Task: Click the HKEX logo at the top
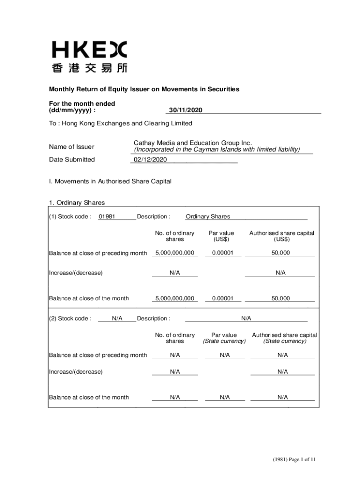click(x=89, y=50)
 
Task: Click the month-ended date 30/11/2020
click(x=184, y=110)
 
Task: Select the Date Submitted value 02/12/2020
click(x=150, y=160)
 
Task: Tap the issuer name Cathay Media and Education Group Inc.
click(x=193, y=143)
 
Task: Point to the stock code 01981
click(x=107, y=217)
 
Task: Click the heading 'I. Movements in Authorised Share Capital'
click(x=110, y=181)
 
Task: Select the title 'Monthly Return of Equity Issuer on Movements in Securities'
click(x=144, y=89)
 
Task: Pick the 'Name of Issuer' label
click(x=72, y=147)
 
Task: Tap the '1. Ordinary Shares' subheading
click(x=77, y=203)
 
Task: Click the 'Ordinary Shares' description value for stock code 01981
click(x=208, y=217)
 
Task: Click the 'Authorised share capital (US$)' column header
click(x=281, y=236)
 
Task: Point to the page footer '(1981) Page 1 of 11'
click(x=295, y=460)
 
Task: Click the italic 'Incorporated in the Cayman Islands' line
click(x=216, y=150)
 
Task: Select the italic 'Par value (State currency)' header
click(x=224, y=338)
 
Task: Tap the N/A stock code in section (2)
click(x=117, y=319)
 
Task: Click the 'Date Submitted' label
click(x=72, y=160)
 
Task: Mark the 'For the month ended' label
click(x=82, y=103)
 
